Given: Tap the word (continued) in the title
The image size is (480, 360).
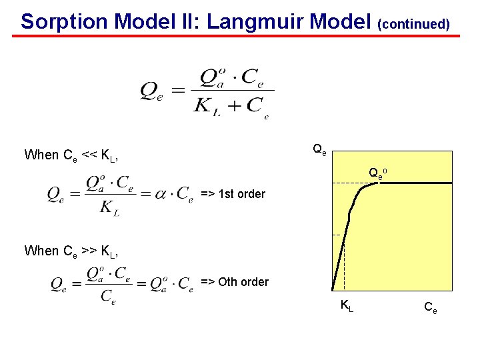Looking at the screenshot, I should coord(413,24).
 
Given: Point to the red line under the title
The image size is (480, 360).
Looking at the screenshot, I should coord(240,35).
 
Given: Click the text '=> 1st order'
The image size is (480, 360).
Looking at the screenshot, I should coord(233,195).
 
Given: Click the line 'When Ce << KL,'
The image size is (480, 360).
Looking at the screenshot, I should coord(71,155).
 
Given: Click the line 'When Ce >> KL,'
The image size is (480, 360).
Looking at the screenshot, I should coord(71,251).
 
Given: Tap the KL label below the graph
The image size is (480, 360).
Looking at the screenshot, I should coord(347,306).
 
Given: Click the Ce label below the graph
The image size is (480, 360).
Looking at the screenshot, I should coord(430,307).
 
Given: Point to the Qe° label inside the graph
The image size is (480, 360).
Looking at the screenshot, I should coord(378,174).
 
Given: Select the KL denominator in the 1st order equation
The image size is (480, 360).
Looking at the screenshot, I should coord(109,209).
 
